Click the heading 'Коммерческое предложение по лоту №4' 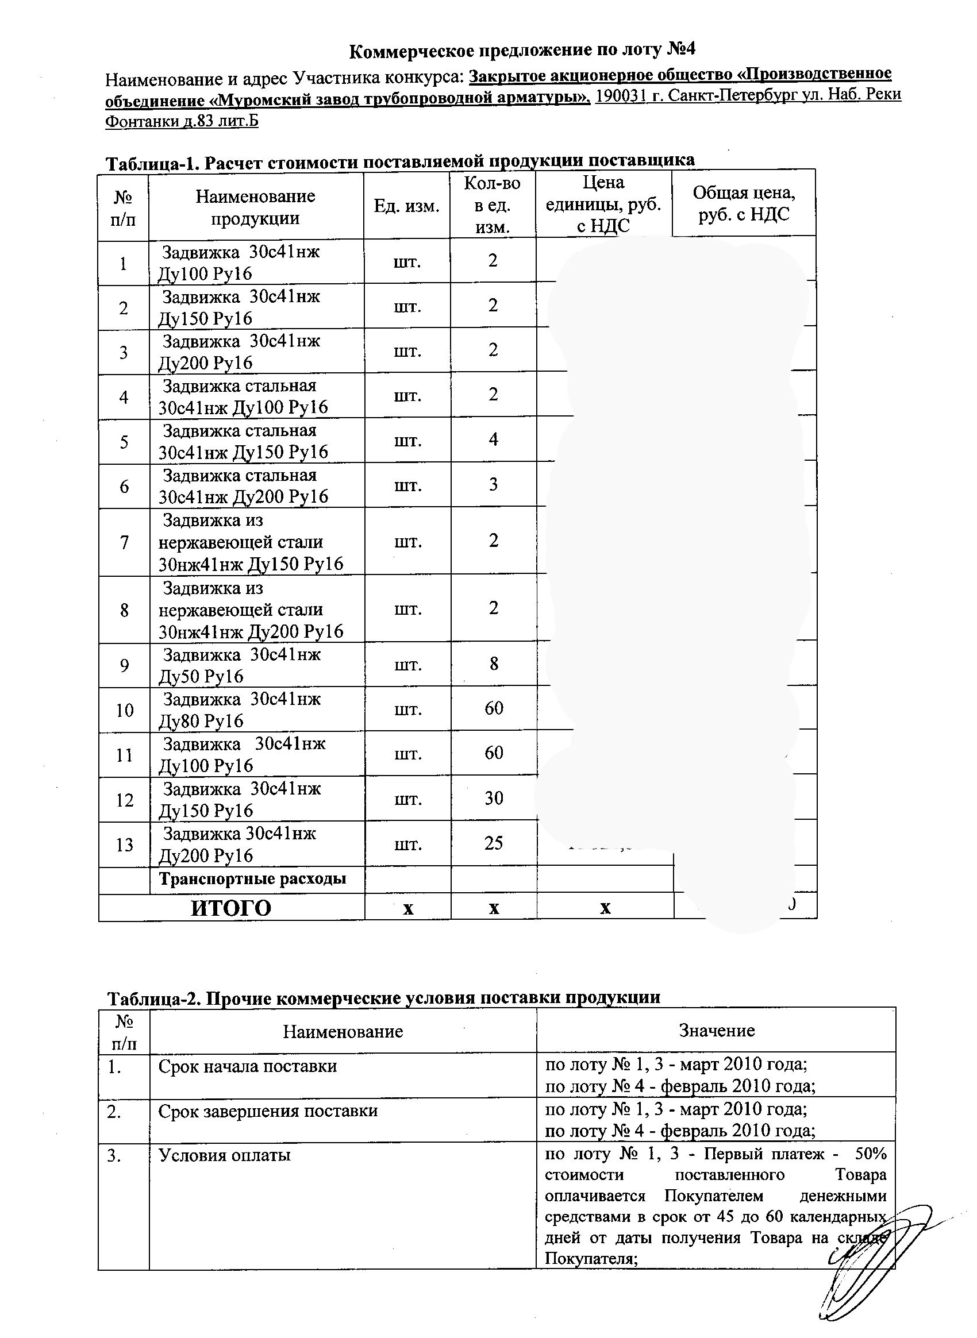pyautogui.click(x=522, y=51)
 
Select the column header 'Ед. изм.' pyautogui.click(x=406, y=206)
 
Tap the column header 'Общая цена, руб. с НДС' pyautogui.click(x=744, y=203)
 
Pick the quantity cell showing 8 pyautogui.click(x=494, y=664)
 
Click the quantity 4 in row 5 pyautogui.click(x=493, y=439)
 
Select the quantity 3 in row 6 pyautogui.click(x=493, y=484)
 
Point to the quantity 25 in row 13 pyautogui.click(x=493, y=843)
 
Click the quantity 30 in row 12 pyautogui.click(x=493, y=798)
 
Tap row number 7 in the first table pyautogui.click(x=124, y=542)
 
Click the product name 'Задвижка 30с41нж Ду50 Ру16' pyautogui.click(x=240, y=665)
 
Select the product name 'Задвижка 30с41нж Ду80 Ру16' pyautogui.click(x=240, y=710)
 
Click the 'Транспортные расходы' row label pyautogui.click(x=252, y=879)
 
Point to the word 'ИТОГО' pyautogui.click(x=230, y=908)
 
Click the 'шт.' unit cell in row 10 pyautogui.click(x=407, y=709)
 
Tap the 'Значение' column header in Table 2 pyautogui.click(x=716, y=1031)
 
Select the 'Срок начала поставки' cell pyautogui.click(x=247, y=1066)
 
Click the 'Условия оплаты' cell pyautogui.click(x=224, y=1155)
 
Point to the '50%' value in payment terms pyautogui.click(x=871, y=1155)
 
